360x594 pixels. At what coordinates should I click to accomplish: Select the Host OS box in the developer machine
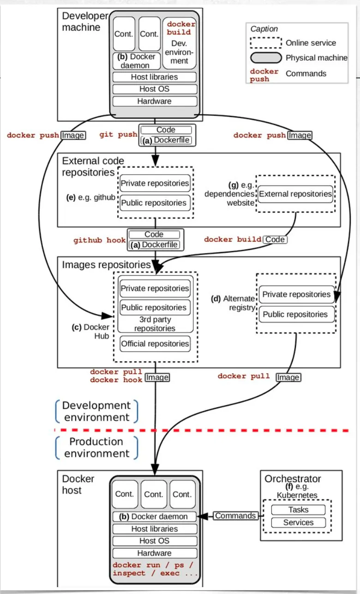click(155, 89)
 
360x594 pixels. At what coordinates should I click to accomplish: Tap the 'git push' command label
click(118, 135)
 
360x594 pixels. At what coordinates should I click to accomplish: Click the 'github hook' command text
click(99, 241)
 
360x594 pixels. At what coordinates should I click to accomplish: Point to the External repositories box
click(295, 194)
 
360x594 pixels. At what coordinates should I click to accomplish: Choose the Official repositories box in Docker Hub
click(155, 344)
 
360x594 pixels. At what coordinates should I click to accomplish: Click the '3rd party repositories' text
click(155, 324)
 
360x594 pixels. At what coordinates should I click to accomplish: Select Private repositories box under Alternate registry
click(296, 295)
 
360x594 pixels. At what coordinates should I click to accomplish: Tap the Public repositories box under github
click(155, 203)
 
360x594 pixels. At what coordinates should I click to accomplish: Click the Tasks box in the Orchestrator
click(298, 510)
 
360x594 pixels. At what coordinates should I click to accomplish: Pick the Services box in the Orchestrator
click(298, 522)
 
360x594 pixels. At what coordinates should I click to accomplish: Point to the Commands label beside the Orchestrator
click(235, 516)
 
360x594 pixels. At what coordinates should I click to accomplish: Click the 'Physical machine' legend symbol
click(265, 58)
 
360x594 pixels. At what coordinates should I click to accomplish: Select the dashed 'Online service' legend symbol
click(265, 43)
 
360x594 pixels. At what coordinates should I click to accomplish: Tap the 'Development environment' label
click(97, 411)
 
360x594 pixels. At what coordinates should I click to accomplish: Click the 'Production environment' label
click(97, 448)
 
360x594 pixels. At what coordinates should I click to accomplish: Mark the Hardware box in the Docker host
click(155, 553)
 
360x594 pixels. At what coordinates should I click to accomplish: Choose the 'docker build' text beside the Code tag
click(233, 240)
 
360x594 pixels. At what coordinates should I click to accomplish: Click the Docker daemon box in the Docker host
click(155, 517)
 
